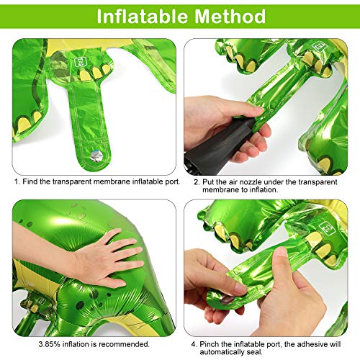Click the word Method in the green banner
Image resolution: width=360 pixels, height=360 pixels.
[x=230, y=16]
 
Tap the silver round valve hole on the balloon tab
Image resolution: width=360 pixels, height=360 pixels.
[x=96, y=156]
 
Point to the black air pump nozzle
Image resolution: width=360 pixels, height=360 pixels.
[x=216, y=146]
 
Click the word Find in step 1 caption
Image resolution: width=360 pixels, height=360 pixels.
[x=30, y=181]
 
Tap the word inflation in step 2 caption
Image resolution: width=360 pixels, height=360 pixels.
[x=264, y=189]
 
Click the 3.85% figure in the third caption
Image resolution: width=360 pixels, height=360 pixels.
[x=49, y=344]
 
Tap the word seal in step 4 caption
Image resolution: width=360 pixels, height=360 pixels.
[x=254, y=352]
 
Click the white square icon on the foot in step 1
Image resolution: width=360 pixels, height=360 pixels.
[x=79, y=63]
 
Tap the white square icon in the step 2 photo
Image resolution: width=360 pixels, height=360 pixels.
[x=319, y=47]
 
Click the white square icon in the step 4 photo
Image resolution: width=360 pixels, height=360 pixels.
[x=327, y=228]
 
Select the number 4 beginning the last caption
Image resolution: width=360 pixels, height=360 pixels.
[x=193, y=344]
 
